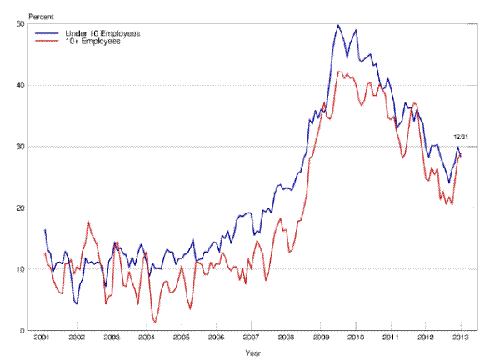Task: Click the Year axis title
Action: tap(252, 352)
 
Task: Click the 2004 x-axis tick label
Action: tap(147, 339)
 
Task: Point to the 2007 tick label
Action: tap(251, 339)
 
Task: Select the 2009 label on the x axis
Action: tap(321, 339)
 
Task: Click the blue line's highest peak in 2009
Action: tap(338, 25)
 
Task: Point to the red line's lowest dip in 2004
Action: tap(155, 321)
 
